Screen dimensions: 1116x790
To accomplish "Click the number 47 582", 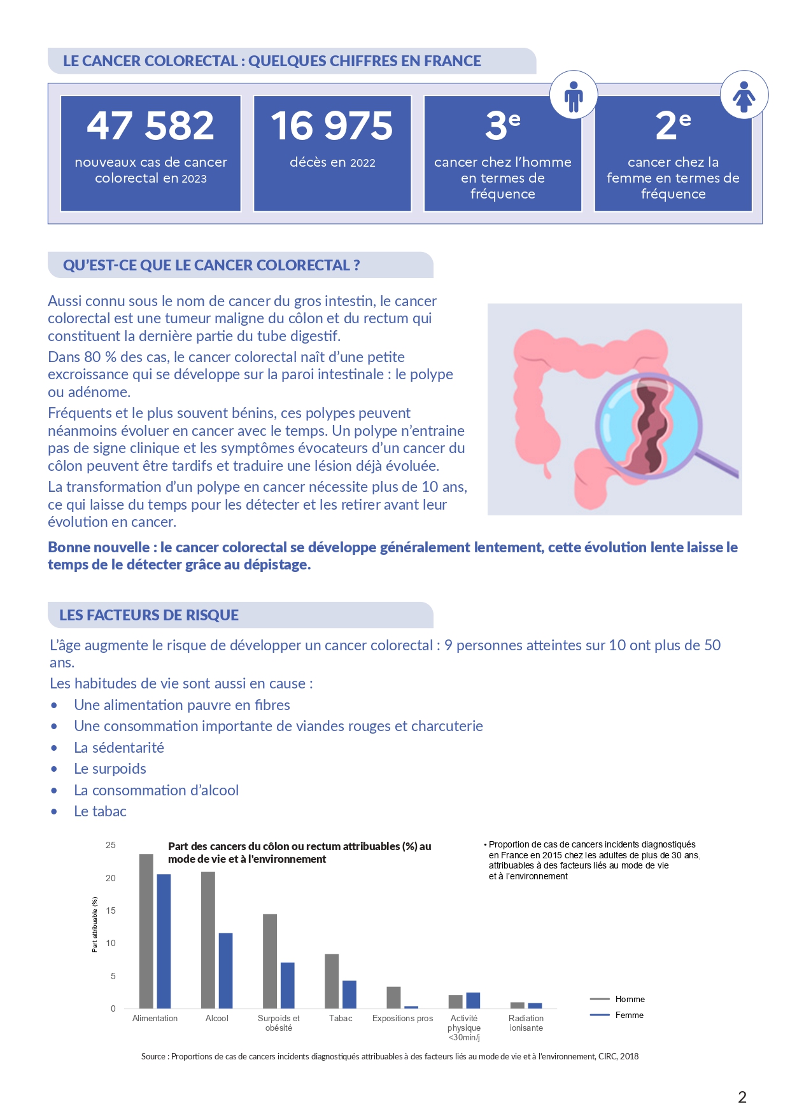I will pyautogui.click(x=150, y=126).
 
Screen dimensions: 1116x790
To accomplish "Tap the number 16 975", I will pyautogui.click(x=332, y=126).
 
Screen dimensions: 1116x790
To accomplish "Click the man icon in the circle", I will pyautogui.click(x=574, y=95).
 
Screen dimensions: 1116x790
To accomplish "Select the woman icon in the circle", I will pyautogui.click(x=744, y=96).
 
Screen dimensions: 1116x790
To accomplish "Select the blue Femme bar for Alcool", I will pyautogui.click(x=225, y=970).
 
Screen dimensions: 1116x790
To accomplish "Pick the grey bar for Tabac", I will pyautogui.click(x=332, y=980).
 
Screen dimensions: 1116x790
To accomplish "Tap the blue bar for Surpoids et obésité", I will pyautogui.click(x=288, y=985).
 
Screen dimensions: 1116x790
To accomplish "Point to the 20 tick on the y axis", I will pyautogui.click(x=111, y=879).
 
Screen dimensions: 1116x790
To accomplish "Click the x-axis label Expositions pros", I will pyautogui.click(x=402, y=1019).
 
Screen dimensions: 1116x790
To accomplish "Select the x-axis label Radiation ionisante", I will pyautogui.click(x=526, y=1023).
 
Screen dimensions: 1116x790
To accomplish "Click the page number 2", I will pyautogui.click(x=742, y=1097).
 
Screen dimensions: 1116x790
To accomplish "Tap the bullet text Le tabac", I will pyautogui.click(x=100, y=812).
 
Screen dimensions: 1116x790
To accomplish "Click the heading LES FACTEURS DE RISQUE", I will pyautogui.click(x=149, y=615).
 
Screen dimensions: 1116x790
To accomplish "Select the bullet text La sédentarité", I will pyautogui.click(x=119, y=748).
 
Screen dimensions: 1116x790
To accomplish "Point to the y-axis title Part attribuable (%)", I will pyautogui.click(x=95, y=924).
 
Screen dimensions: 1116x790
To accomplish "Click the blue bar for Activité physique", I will pyautogui.click(x=473, y=1000).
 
